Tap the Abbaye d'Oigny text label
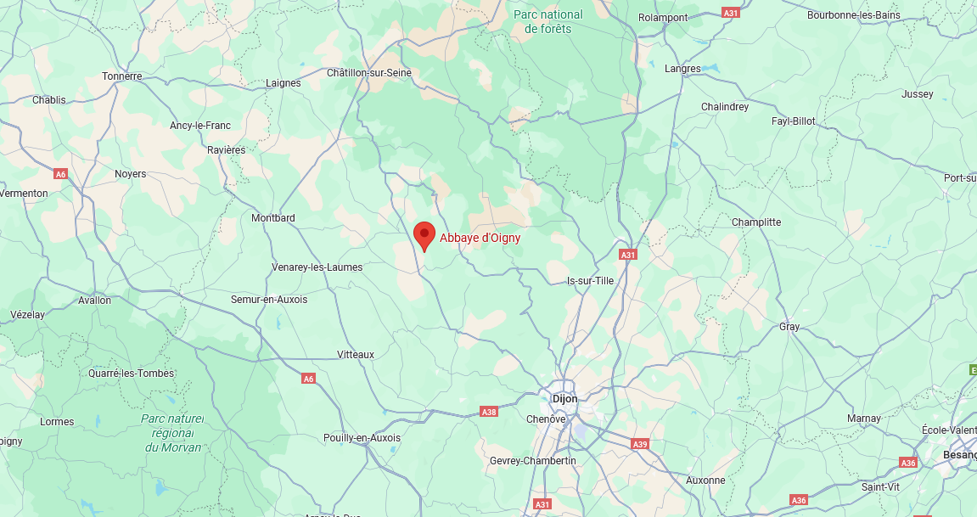pos(480,239)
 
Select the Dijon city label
pos(564,398)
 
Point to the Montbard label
pos(273,218)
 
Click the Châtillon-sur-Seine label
pos(369,73)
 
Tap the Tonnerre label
pos(122,76)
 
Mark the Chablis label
pos(48,100)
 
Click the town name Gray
pos(789,327)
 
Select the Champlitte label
pos(756,222)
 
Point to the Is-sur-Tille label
pos(590,281)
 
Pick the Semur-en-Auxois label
pos(269,300)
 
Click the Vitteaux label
pos(356,355)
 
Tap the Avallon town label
pos(94,301)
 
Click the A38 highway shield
pos(489,412)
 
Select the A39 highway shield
pos(640,444)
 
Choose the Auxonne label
pos(705,480)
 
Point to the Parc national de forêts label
pos(548,21)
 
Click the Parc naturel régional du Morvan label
pos(173,433)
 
